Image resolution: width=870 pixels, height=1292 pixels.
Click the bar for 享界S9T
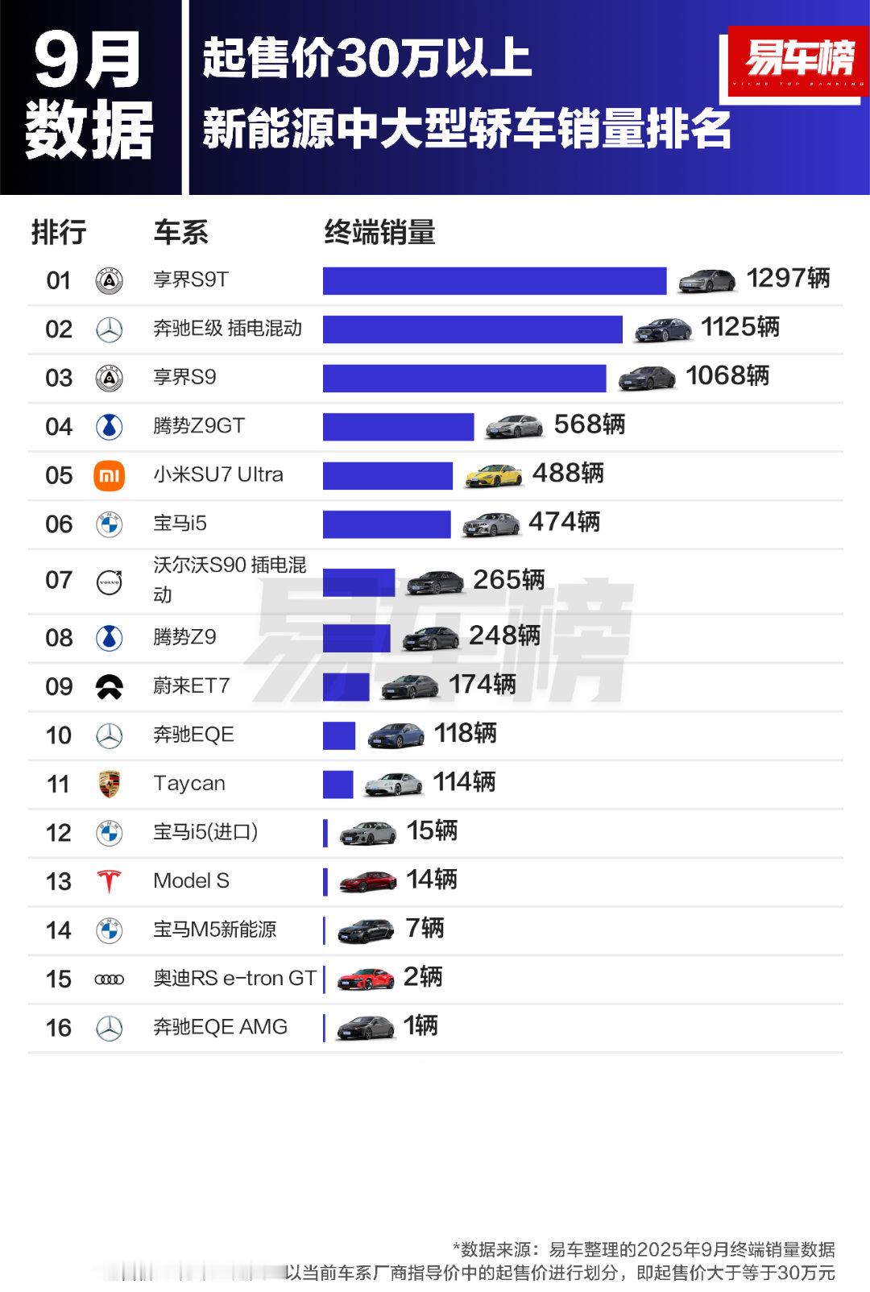coord(494,281)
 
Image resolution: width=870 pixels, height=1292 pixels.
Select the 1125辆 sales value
coord(739,327)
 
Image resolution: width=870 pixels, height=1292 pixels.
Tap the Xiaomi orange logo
coord(110,476)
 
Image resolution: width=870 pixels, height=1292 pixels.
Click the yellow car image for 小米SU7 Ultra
coord(494,475)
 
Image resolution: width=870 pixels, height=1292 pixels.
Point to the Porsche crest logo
coord(110,784)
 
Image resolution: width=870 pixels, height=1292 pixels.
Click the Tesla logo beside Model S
coord(110,881)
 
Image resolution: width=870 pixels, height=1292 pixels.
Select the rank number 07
coord(59,580)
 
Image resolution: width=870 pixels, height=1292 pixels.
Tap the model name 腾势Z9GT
coord(199,425)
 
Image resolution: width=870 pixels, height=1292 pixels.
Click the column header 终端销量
coord(379,233)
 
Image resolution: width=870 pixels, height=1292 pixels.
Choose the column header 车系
coord(180,233)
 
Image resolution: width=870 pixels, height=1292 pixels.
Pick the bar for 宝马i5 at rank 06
coord(387,524)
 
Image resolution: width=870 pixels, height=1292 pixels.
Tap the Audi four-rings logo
coord(110,979)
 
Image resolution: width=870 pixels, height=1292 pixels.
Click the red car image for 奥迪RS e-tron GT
coord(366,979)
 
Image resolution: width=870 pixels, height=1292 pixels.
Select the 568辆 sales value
coord(589,424)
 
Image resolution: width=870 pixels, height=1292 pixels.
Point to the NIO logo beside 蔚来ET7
coord(110,686)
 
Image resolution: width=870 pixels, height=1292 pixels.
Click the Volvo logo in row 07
coord(110,582)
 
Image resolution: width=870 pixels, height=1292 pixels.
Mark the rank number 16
coord(59,1028)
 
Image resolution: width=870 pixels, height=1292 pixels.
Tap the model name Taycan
coord(189,784)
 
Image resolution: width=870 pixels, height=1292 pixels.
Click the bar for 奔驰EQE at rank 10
coord(339,735)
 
